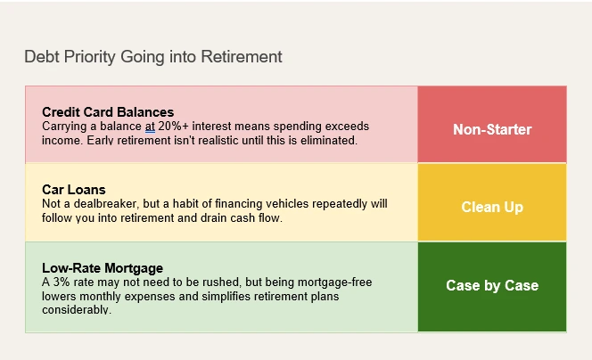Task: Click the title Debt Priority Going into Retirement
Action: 153,57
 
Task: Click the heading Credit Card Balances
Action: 108,112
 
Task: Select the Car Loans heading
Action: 74,190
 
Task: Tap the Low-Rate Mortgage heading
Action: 103,268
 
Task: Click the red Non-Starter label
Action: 492,129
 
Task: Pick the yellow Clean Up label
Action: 492,207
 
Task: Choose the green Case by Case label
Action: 492,285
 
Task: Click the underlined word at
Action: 151,127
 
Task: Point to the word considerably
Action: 77,310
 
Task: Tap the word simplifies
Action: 226,296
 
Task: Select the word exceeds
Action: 347,126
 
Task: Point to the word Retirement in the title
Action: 242,57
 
